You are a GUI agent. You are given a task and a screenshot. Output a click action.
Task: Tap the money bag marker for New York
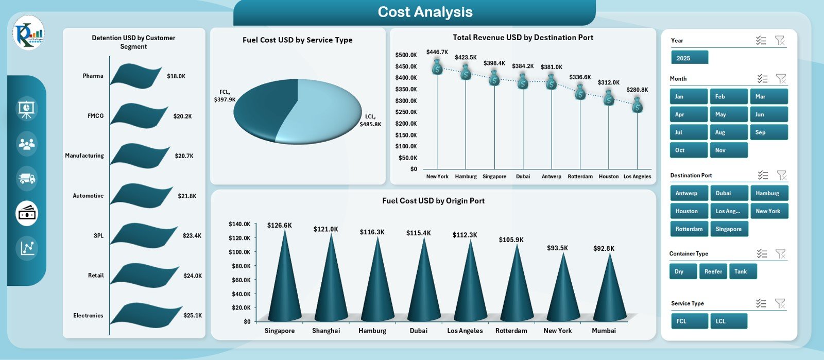tap(437, 67)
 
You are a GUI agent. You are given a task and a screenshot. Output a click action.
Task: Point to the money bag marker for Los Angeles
tap(638, 105)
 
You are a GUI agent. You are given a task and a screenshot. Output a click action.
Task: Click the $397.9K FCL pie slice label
tap(225, 96)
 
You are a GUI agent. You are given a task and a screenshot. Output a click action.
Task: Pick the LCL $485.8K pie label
tap(370, 121)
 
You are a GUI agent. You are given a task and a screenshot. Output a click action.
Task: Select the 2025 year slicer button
tap(689, 58)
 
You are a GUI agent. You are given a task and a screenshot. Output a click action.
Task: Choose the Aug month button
tap(728, 132)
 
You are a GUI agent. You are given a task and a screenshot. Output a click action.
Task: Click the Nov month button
tap(728, 150)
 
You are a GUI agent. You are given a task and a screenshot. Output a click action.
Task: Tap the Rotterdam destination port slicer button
tap(689, 229)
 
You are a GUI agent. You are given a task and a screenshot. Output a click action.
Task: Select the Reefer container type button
tap(713, 271)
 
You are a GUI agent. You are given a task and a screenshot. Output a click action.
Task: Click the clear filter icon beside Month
tap(781, 79)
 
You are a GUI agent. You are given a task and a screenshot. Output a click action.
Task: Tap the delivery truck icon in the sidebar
tap(27, 179)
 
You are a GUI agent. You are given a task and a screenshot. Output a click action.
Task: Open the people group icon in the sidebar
tap(27, 144)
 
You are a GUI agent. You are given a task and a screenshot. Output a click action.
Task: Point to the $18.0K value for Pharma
tap(176, 76)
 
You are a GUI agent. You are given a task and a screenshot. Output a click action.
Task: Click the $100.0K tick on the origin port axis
tap(239, 252)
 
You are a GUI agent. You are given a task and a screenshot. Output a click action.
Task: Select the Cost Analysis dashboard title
tap(425, 12)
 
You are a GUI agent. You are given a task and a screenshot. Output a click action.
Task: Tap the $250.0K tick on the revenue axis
tap(406, 112)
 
